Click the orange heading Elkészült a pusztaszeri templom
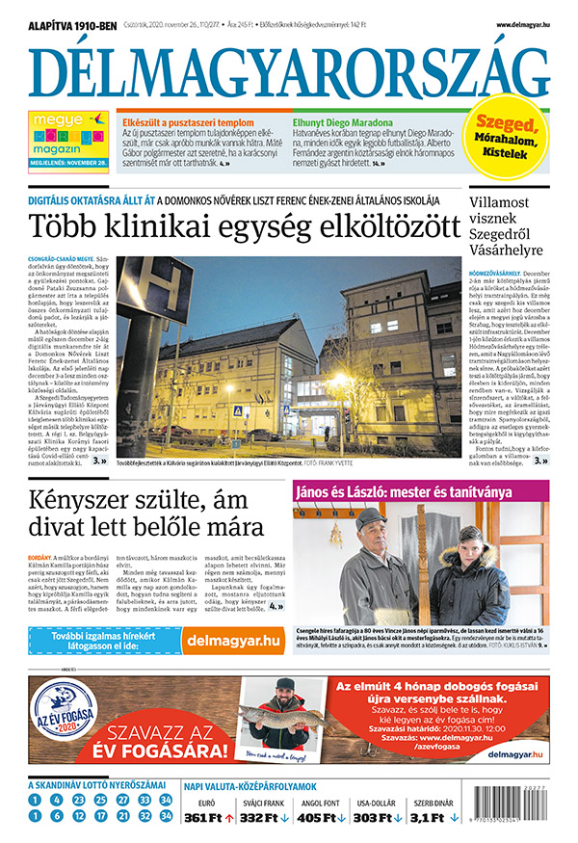(x=187, y=123)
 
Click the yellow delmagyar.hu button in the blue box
(x=234, y=613)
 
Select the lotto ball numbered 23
(x=122, y=800)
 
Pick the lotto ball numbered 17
(x=100, y=816)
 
